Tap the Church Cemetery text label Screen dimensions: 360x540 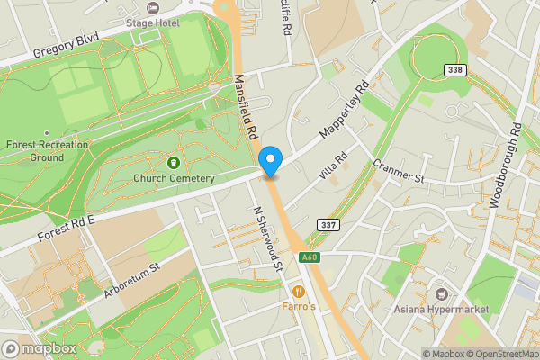[174, 178]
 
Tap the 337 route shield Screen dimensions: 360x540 [328, 224]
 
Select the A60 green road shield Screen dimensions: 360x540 [310, 257]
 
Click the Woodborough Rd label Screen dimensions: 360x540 [504, 166]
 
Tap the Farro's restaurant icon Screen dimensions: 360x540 [298, 291]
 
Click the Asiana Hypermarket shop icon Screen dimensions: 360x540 [441, 295]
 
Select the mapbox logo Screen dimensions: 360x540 [38, 348]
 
